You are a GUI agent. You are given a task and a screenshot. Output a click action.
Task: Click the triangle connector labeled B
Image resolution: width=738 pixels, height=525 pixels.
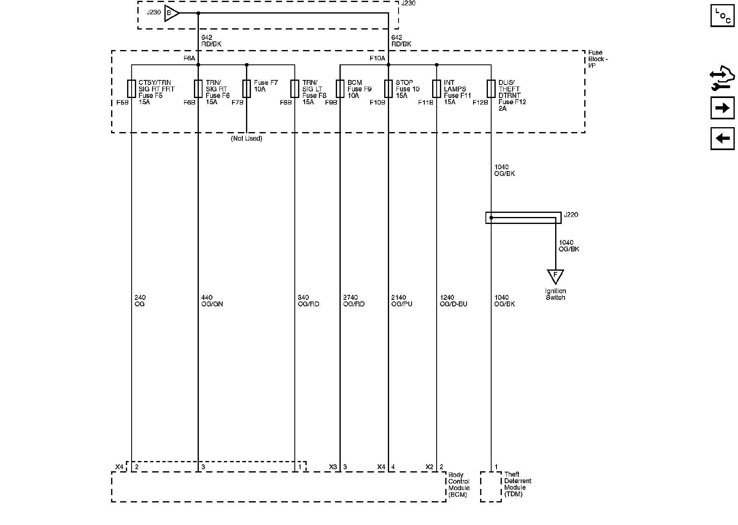tap(171, 13)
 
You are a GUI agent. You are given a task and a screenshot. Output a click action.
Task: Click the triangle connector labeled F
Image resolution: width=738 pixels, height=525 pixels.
tap(556, 276)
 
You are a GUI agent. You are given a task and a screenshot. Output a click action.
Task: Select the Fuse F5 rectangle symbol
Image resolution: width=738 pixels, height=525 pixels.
tap(132, 89)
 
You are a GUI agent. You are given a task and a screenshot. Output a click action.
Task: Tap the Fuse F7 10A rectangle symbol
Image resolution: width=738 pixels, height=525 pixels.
tap(246, 89)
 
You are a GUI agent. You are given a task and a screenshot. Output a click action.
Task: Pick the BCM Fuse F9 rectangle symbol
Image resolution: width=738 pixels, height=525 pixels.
tap(340, 89)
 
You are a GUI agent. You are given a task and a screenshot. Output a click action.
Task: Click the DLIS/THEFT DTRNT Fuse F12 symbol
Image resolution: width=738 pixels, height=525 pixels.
tap(491, 89)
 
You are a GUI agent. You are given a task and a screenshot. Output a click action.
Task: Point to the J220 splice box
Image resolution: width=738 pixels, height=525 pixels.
tap(523, 218)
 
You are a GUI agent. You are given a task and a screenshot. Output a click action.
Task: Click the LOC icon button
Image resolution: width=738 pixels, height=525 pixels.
tap(722, 15)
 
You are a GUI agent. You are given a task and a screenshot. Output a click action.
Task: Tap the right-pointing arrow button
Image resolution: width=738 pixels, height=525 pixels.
tap(722, 108)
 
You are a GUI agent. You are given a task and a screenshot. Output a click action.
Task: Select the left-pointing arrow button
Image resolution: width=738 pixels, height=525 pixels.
tap(722, 138)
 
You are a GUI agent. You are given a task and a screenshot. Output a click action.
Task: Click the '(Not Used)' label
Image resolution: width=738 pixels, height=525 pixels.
tap(246, 139)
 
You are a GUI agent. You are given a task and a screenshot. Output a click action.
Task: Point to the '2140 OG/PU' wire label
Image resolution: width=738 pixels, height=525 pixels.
tap(402, 301)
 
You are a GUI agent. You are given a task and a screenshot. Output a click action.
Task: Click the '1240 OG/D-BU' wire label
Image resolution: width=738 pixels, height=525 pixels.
tap(453, 301)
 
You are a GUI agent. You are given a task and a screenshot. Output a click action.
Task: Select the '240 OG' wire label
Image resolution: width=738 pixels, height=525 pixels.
tap(140, 301)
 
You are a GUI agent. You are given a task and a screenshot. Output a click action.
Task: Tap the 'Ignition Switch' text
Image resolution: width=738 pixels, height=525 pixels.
tap(556, 294)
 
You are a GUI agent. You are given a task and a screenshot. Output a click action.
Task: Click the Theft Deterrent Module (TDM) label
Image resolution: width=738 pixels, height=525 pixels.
tap(517, 484)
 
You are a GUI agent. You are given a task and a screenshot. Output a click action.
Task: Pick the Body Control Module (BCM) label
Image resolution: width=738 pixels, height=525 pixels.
tap(459, 484)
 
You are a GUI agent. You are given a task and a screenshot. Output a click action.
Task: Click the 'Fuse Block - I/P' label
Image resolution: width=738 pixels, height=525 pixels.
tap(598, 59)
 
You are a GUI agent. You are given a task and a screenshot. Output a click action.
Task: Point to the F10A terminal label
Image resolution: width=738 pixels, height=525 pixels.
tap(377, 59)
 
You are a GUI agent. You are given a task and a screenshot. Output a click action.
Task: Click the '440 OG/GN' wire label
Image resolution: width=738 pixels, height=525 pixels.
tap(212, 301)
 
